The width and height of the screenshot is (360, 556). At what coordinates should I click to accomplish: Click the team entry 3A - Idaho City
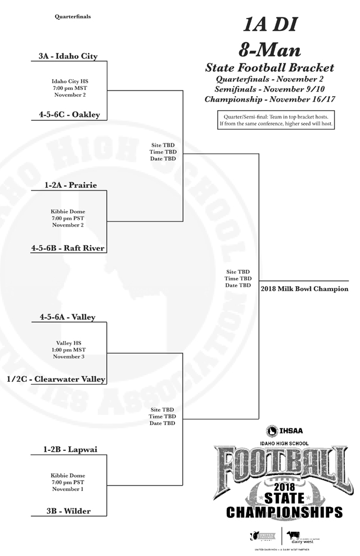tap(68, 56)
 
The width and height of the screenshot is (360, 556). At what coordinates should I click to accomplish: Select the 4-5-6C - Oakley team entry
tap(69, 115)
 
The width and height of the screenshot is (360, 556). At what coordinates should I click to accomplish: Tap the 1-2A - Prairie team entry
tap(70, 185)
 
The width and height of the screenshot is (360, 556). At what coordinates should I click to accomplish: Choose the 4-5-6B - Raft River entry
tap(68, 247)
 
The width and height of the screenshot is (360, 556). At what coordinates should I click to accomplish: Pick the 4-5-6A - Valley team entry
tap(67, 317)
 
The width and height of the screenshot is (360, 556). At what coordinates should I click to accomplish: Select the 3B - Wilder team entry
tap(69, 511)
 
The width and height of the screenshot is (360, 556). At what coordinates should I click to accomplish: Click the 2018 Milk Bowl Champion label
tap(304, 289)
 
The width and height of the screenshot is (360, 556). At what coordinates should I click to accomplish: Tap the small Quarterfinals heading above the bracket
tap(73, 17)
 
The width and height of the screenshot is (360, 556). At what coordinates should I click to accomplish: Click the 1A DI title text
tap(269, 25)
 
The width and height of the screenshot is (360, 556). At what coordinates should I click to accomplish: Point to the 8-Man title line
tap(269, 49)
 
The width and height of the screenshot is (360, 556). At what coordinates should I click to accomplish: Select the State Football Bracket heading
tap(269, 68)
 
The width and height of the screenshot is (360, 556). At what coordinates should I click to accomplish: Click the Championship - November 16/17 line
tap(269, 100)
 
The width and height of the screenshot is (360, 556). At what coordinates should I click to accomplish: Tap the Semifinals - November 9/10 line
tap(269, 89)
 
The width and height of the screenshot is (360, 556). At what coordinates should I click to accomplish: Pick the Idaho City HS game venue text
tap(70, 81)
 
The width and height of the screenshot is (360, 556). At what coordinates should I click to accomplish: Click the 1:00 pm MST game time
tap(70, 350)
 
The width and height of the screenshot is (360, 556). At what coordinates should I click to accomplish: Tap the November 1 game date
tap(68, 489)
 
